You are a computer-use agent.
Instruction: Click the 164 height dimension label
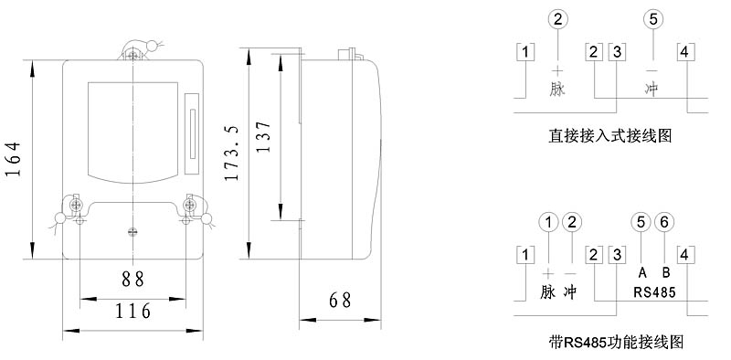(x=15, y=159)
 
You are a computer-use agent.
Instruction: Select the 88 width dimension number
(x=133, y=279)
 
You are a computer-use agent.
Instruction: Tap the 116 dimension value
(x=133, y=311)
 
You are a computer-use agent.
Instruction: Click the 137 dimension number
(x=263, y=137)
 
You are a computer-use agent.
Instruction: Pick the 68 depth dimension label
(x=340, y=301)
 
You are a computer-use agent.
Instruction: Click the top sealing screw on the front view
(x=133, y=57)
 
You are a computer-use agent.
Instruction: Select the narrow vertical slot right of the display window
(x=192, y=133)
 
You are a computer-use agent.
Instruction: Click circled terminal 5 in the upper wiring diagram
(x=653, y=19)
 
